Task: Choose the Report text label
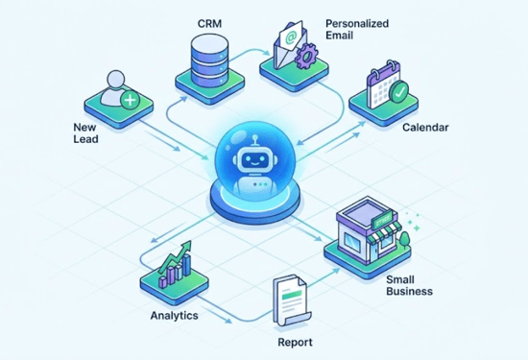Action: [x=294, y=341]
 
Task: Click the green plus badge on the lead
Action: [x=131, y=99]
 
